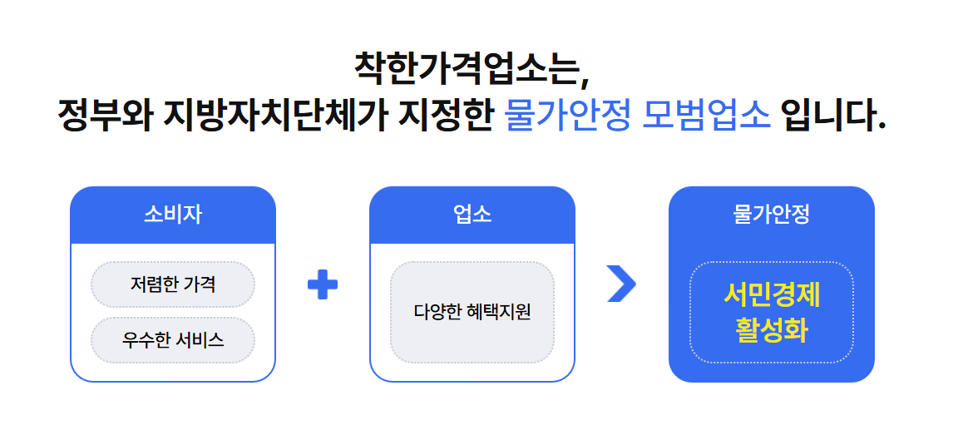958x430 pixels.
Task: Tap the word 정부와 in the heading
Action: [x=105, y=116]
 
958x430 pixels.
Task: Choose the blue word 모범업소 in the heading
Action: [x=708, y=116]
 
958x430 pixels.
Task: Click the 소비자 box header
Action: [x=173, y=215]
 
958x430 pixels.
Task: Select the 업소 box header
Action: [x=472, y=215]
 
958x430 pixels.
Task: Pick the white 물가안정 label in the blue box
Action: [x=772, y=215]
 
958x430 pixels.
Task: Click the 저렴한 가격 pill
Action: [x=173, y=284]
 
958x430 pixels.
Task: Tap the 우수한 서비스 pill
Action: [x=173, y=339]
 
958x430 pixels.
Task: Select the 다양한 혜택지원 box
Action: [x=472, y=312]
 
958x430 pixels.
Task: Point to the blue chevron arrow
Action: [x=621, y=284]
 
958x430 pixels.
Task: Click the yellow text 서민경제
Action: [x=772, y=294]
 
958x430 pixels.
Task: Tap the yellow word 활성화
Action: [x=772, y=330]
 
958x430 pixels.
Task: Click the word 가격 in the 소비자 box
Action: [x=200, y=284]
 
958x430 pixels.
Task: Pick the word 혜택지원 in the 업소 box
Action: [x=500, y=312]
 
